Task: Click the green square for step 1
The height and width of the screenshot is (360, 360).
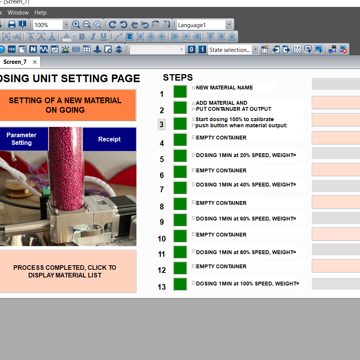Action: coord(180,92)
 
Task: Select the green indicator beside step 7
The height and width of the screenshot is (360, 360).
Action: coord(180,188)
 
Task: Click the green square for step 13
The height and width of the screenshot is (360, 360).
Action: coord(180,284)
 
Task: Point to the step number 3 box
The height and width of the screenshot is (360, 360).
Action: coord(162,125)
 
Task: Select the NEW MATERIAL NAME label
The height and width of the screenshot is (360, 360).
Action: coord(224,88)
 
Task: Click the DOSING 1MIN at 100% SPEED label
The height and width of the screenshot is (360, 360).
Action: coord(247,284)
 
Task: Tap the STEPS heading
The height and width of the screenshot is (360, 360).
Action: coord(178,78)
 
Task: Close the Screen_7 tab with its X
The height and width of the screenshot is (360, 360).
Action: coord(35,62)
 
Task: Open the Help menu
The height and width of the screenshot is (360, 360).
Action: coord(41,13)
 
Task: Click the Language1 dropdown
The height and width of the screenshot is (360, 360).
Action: coord(204,25)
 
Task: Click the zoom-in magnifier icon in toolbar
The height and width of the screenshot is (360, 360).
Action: coord(76,25)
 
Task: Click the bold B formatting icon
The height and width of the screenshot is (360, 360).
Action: coord(82,37)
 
